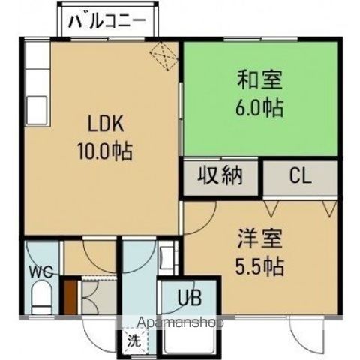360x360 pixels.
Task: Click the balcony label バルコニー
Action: tap(109, 21)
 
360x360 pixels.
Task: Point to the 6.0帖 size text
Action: tap(256, 106)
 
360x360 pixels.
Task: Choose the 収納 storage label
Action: tap(221, 177)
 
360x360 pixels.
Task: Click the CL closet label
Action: tap(301, 178)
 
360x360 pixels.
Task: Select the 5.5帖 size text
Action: tap(256, 265)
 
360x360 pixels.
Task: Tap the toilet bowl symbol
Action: tap(41, 298)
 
